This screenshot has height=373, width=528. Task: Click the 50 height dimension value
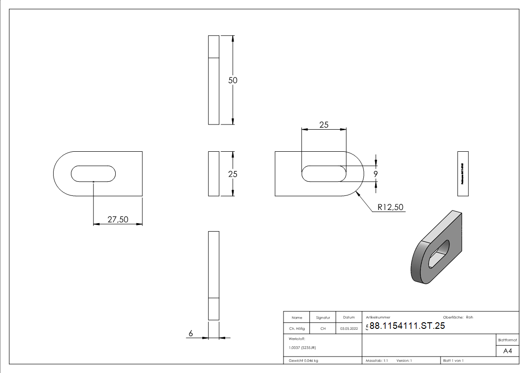[x=233, y=80]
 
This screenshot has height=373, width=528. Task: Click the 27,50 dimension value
[x=118, y=219]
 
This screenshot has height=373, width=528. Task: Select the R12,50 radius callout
[x=390, y=207]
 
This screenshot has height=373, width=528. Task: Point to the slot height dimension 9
[x=376, y=174]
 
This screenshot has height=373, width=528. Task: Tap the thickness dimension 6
[x=191, y=334]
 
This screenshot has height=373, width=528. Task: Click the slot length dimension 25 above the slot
[x=323, y=125]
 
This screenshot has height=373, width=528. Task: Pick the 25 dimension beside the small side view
[x=233, y=174]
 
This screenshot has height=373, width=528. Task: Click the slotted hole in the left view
[x=94, y=173]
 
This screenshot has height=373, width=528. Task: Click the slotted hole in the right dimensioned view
[x=323, y=174]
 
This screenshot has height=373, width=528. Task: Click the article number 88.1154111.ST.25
[x=407, y=326]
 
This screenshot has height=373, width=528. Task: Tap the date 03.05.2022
[x=348, y=329]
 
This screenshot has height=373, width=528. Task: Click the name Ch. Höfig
[x=296, y=329]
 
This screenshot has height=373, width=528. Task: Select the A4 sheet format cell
[x=508, y=351]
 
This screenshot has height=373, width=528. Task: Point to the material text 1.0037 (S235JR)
[x=302, y=347]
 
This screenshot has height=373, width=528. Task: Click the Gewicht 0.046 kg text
[x=303, y=360]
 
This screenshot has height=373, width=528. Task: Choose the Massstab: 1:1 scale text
[x=377, y=360]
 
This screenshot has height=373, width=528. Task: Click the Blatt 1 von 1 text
[x=453, y=360]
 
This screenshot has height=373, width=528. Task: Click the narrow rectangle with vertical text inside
[x=463, y=174]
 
